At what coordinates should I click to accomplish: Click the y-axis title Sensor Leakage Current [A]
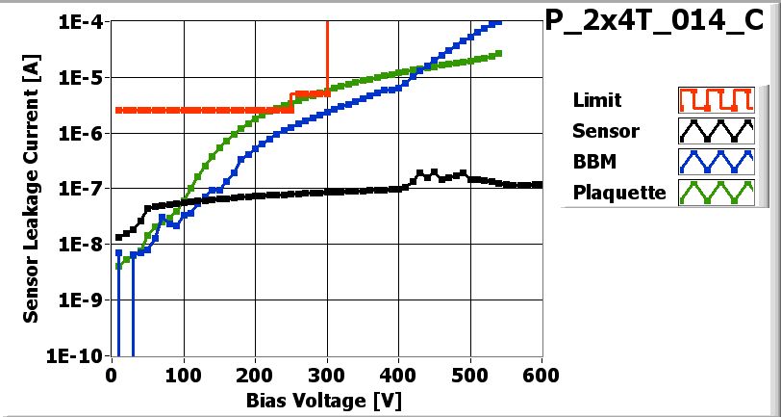(31, 189)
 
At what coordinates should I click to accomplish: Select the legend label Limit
(596, 100)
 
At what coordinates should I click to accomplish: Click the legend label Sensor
(605, 131)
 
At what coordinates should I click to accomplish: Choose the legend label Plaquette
(619, 192)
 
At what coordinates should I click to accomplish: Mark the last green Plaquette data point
(499, 53)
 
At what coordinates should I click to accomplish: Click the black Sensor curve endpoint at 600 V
(541, 184)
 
